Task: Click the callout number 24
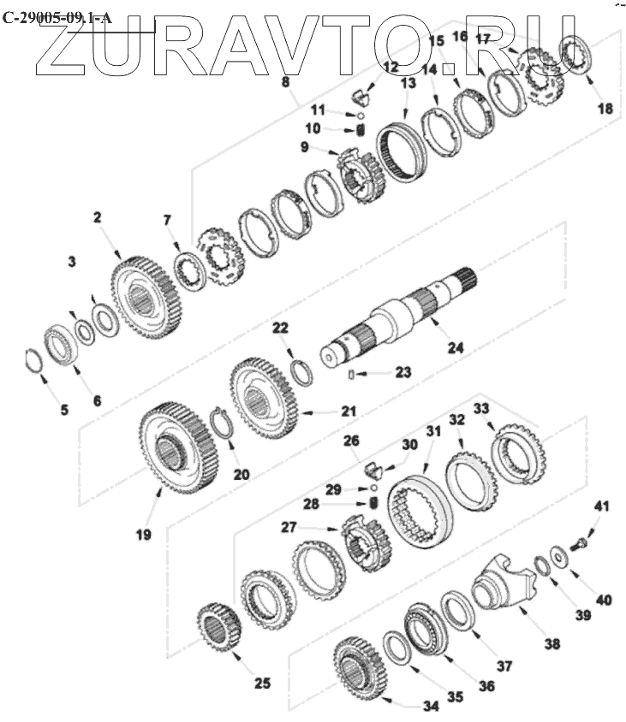(456, 347)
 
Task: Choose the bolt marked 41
(581, 545)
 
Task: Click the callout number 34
(431, 705)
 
